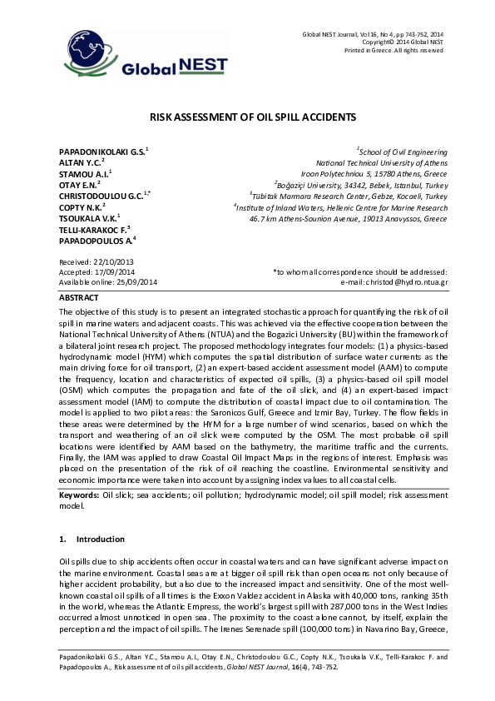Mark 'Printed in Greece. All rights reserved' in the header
point(393,51)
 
